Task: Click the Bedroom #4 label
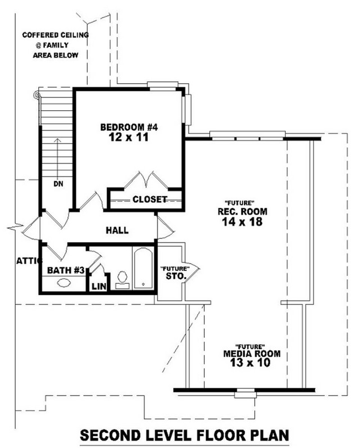point(129,127)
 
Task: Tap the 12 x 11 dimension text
point(129,137)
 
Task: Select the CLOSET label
point(150,199)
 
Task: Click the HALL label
point(117,230)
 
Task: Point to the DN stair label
point(58,184)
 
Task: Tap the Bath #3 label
point(66,270)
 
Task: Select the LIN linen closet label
point(99,286)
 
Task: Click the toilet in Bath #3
point(123,280)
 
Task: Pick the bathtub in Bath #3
point(143,269)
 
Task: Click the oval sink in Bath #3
point(64,283)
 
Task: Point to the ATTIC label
point(29,261)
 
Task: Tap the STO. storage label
point(176,277)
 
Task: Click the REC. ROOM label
point(242,212)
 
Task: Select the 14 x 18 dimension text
point(242,221)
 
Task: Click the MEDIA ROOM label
point(252,354)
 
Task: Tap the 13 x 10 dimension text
point(250,363)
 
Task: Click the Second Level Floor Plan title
point(184,436)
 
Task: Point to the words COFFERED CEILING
point(56,35)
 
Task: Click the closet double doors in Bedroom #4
point(146,180)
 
